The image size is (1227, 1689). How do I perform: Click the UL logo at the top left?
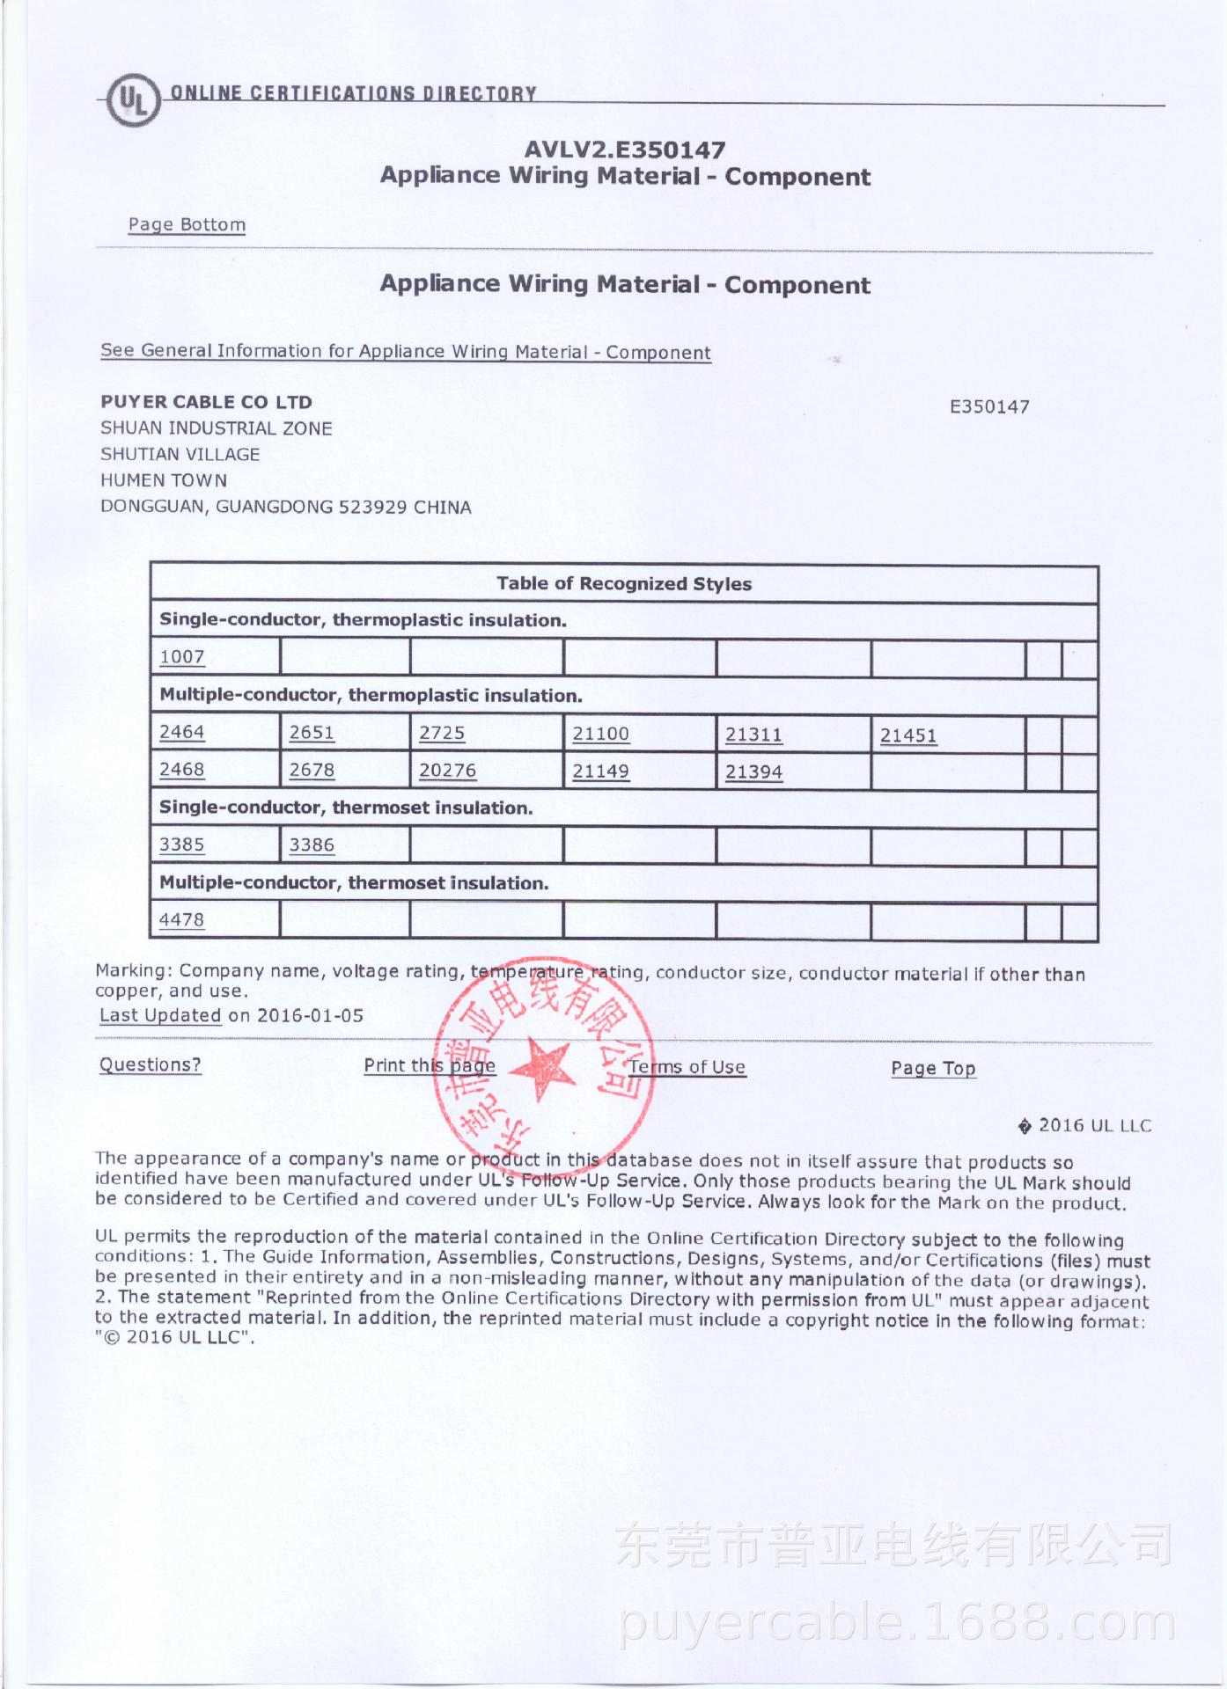(133, 102)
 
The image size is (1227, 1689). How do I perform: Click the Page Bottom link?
(187, 224)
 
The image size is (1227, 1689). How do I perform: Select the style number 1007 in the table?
(182, 657)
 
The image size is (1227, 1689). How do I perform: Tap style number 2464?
(182, 732)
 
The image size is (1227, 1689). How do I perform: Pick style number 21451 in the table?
(908, 735)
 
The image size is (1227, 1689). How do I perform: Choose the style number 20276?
(447, 771)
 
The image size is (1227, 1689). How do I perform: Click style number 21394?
(753, 772)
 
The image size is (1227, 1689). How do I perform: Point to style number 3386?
(312, 845)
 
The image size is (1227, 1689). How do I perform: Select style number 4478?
(181, 920)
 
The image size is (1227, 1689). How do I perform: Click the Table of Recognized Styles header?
(623, 584)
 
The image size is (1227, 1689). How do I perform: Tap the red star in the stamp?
(540, 1067)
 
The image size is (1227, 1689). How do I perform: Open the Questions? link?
(150, 1064)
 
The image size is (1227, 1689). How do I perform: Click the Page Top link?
(933, 1068)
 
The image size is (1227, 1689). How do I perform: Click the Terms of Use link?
(687, 1067)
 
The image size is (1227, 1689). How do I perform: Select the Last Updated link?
(160, 1015)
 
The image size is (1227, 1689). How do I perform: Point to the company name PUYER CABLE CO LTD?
(206, 402)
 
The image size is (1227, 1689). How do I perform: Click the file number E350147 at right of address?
(989, 406)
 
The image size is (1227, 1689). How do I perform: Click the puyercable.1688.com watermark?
(898, 1624)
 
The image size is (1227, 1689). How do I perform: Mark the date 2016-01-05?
(310, 1016)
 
